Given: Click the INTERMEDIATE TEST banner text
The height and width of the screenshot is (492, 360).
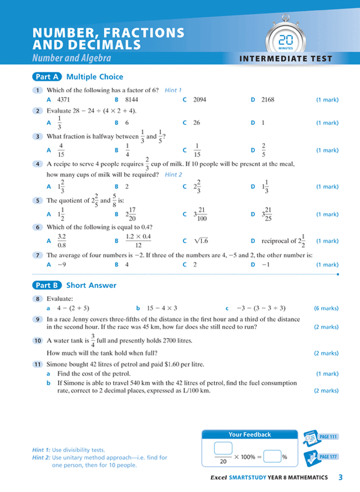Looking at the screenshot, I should pos(286,58).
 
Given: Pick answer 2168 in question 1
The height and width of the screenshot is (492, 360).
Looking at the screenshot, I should pos(268,100).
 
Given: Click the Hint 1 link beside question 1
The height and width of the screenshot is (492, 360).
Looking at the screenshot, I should pos(173,90).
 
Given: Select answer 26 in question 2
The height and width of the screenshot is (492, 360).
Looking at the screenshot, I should pos(196,123).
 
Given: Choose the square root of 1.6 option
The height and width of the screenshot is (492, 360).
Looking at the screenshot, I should pos(200,241).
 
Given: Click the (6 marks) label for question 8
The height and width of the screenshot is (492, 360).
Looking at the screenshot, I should pos(326,308).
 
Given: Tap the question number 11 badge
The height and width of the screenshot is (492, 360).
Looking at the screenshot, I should pos(38,364).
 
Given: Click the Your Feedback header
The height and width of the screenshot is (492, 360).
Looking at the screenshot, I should pos(250,435).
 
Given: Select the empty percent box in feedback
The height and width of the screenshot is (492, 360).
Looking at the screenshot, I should pos(272,457).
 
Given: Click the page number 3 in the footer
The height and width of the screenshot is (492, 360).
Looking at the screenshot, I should pos(340,477).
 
